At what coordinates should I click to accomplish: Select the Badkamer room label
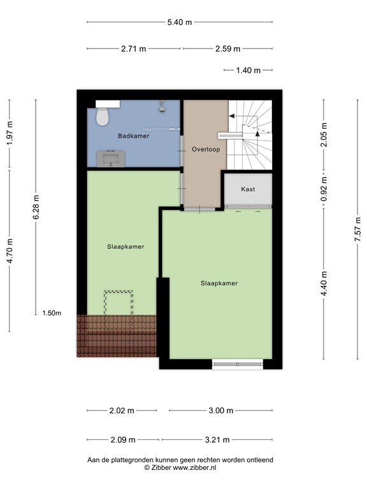(x=133, y=136)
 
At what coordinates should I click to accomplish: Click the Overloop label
(x=205, y=149)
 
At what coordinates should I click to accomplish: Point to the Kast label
(x=248, y=189)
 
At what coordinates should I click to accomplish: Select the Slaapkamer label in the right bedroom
(x=219, y=283)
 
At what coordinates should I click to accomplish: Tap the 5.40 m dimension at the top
(x=179, y=22)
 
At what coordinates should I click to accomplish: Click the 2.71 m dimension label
(x=134, y=48)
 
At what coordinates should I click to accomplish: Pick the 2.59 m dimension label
(x=227, y=48)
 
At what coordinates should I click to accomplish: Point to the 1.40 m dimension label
(x=248, y=70)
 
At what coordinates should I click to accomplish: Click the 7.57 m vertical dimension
(x=357, y=226)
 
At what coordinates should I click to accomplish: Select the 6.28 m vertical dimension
(x=36, y=208)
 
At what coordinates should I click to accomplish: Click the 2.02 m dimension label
(x=122, y=411)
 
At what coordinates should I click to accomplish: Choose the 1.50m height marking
(x=52, y=313)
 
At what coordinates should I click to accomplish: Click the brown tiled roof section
(x=117, y=335)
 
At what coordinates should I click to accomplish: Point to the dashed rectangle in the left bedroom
(x=119, y=302)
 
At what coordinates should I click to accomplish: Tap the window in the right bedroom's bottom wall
(x=238, y=364)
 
